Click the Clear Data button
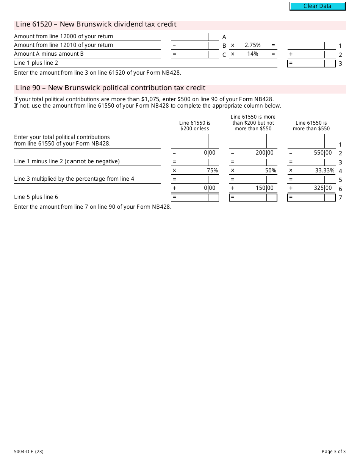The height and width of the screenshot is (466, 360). [318, 6]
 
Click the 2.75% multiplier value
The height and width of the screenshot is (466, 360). [252, 45]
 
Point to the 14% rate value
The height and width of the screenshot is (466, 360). [252, 54]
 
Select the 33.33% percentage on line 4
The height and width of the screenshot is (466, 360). [325, 170]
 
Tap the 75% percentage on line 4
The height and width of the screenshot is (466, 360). [212, 170]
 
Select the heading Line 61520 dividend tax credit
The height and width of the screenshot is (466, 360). [96, 25]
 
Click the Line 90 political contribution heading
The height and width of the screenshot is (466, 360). [111, 88]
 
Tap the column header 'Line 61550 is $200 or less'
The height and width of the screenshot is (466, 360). [195, 126]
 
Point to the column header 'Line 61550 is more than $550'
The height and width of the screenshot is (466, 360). [311, 126]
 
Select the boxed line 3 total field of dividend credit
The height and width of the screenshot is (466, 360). [311, 63]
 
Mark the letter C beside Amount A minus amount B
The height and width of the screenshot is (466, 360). [224, 55]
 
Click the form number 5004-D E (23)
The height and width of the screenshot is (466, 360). [29, 451]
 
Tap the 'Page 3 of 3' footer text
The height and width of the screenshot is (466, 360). [333, 451]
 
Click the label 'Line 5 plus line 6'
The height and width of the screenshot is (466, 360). [36, 197]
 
